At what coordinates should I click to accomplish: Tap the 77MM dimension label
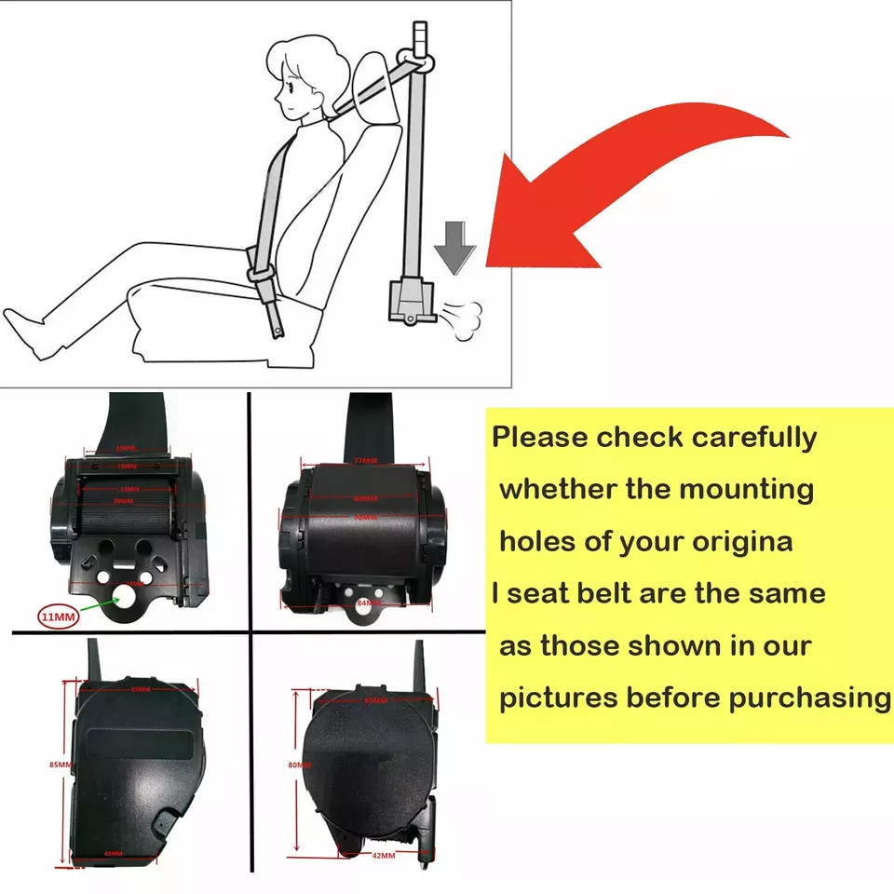[x=365, y=460]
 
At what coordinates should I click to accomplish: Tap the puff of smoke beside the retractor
[x=462, y=316]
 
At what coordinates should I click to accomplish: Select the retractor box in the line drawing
[x=410, y=302]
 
